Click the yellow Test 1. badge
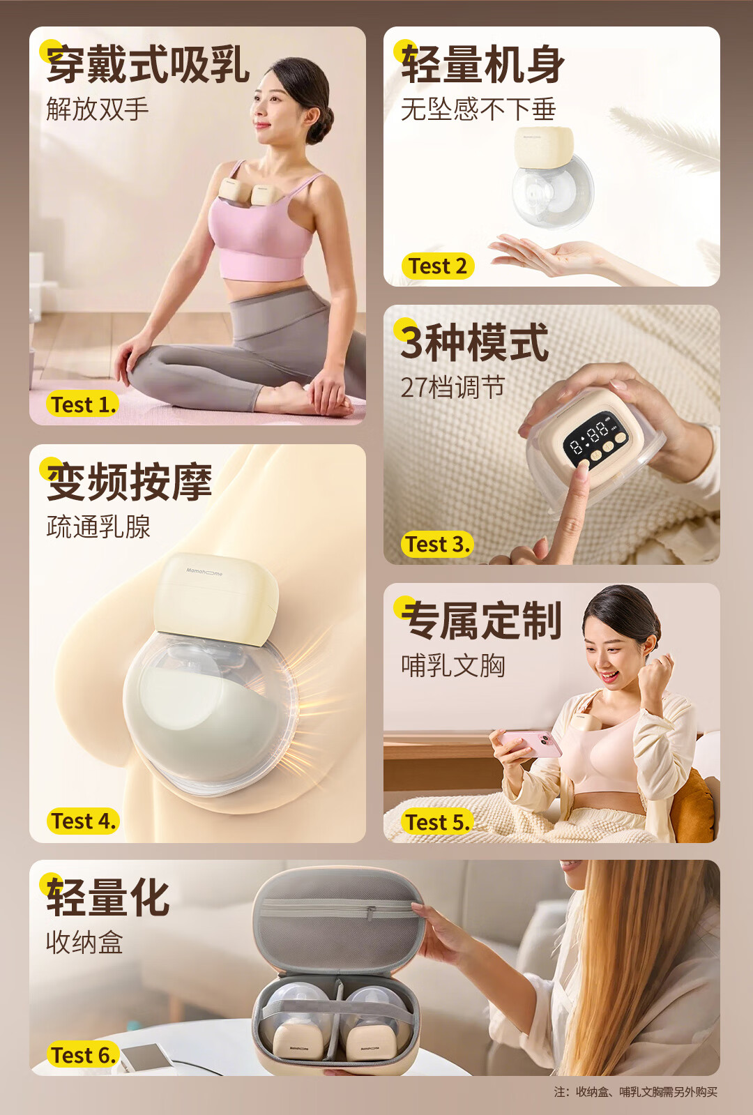tap(82, 404)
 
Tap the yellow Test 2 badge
tap(437, 266)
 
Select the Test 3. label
tap(437, 544)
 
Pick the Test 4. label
tap(83, 821)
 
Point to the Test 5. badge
tap(437, 822)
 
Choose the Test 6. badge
tap(83, 1055)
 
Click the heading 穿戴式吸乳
tap(148, 65)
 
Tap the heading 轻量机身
tap(482, 65)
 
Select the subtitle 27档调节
tap(452, 387)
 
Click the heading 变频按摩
tap(130, 482)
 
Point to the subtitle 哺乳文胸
tap(453, 665)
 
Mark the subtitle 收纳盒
tap(84, 942)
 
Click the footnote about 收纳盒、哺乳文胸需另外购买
tap(635, 1092)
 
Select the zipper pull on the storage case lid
tap(371, 912)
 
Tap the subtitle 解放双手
tap(98, 109)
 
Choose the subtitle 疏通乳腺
tap(98, 526)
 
